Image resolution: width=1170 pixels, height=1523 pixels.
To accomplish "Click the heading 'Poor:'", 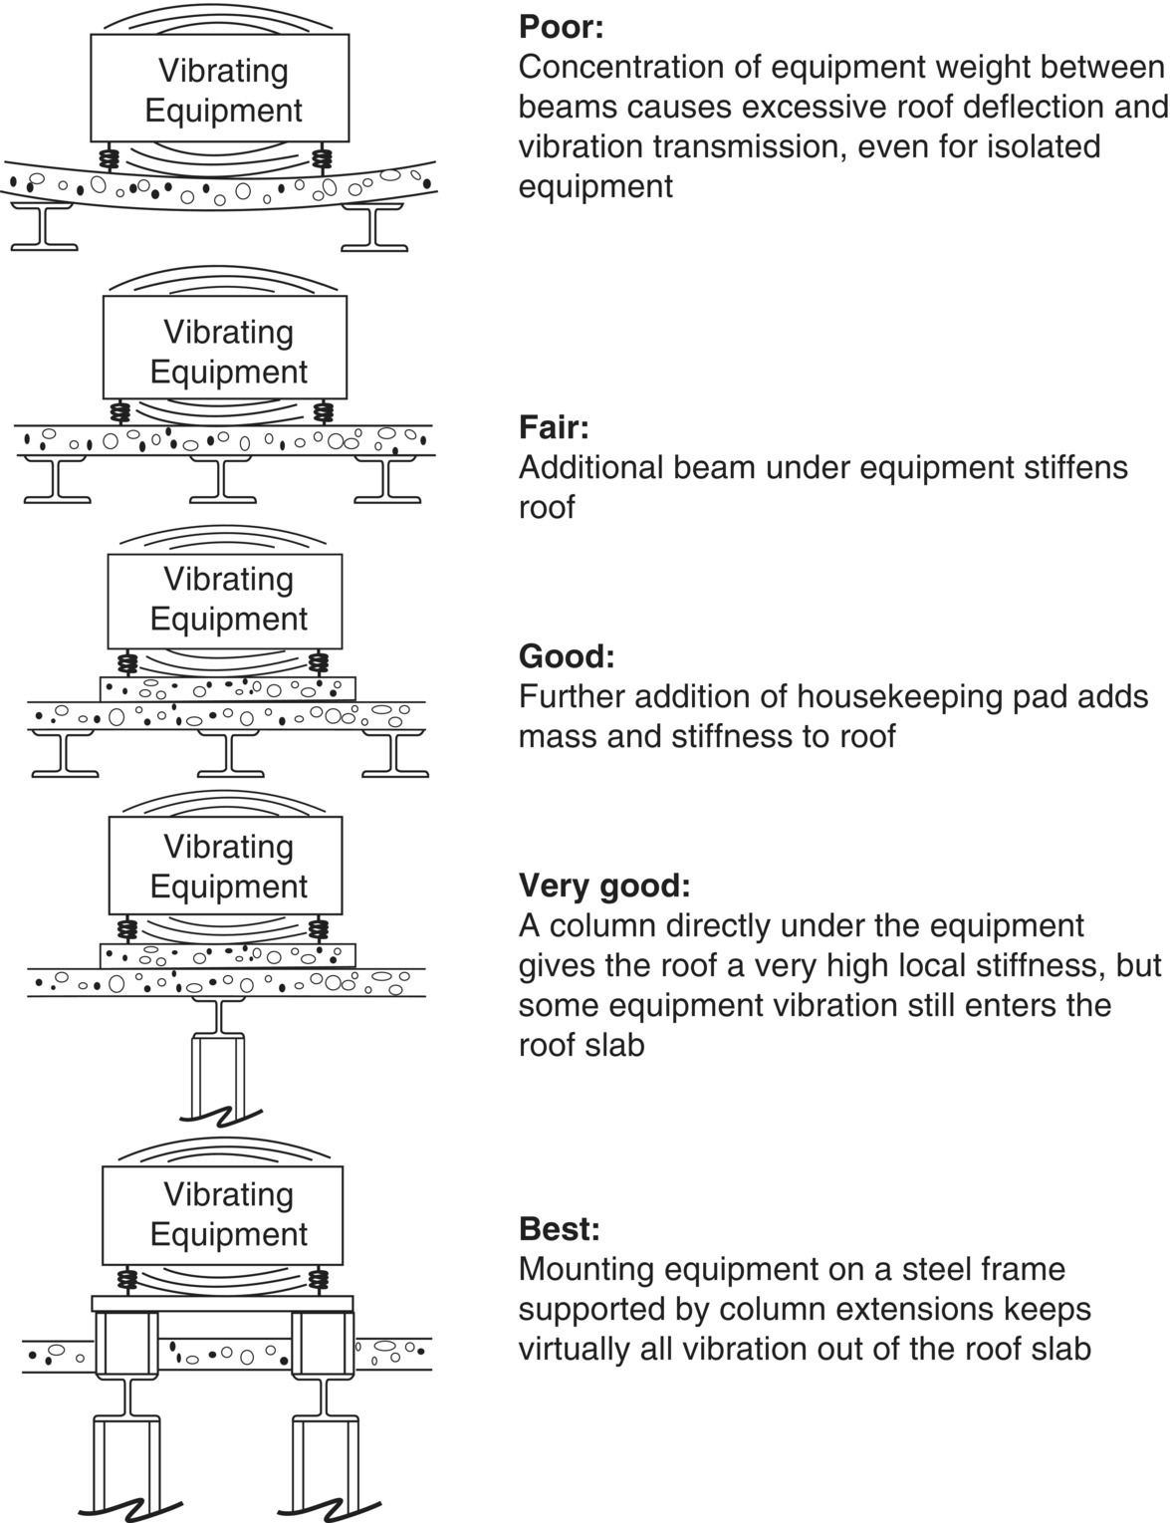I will [561, 27].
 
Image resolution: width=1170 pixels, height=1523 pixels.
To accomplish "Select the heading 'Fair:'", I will [554, 427].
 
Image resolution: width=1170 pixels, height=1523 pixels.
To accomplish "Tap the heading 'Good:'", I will [567, 656].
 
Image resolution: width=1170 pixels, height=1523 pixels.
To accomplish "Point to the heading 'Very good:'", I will [603, 886].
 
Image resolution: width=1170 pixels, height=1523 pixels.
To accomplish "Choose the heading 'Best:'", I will [560, 1229].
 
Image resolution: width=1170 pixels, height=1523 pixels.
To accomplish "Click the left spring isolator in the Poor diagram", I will [109, 156].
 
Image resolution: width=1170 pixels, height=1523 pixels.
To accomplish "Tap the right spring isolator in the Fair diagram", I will [325, 410].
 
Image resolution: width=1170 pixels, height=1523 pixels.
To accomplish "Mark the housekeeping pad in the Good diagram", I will [228, 688].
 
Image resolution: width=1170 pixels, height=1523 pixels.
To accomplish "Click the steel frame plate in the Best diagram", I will [222, 1303].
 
